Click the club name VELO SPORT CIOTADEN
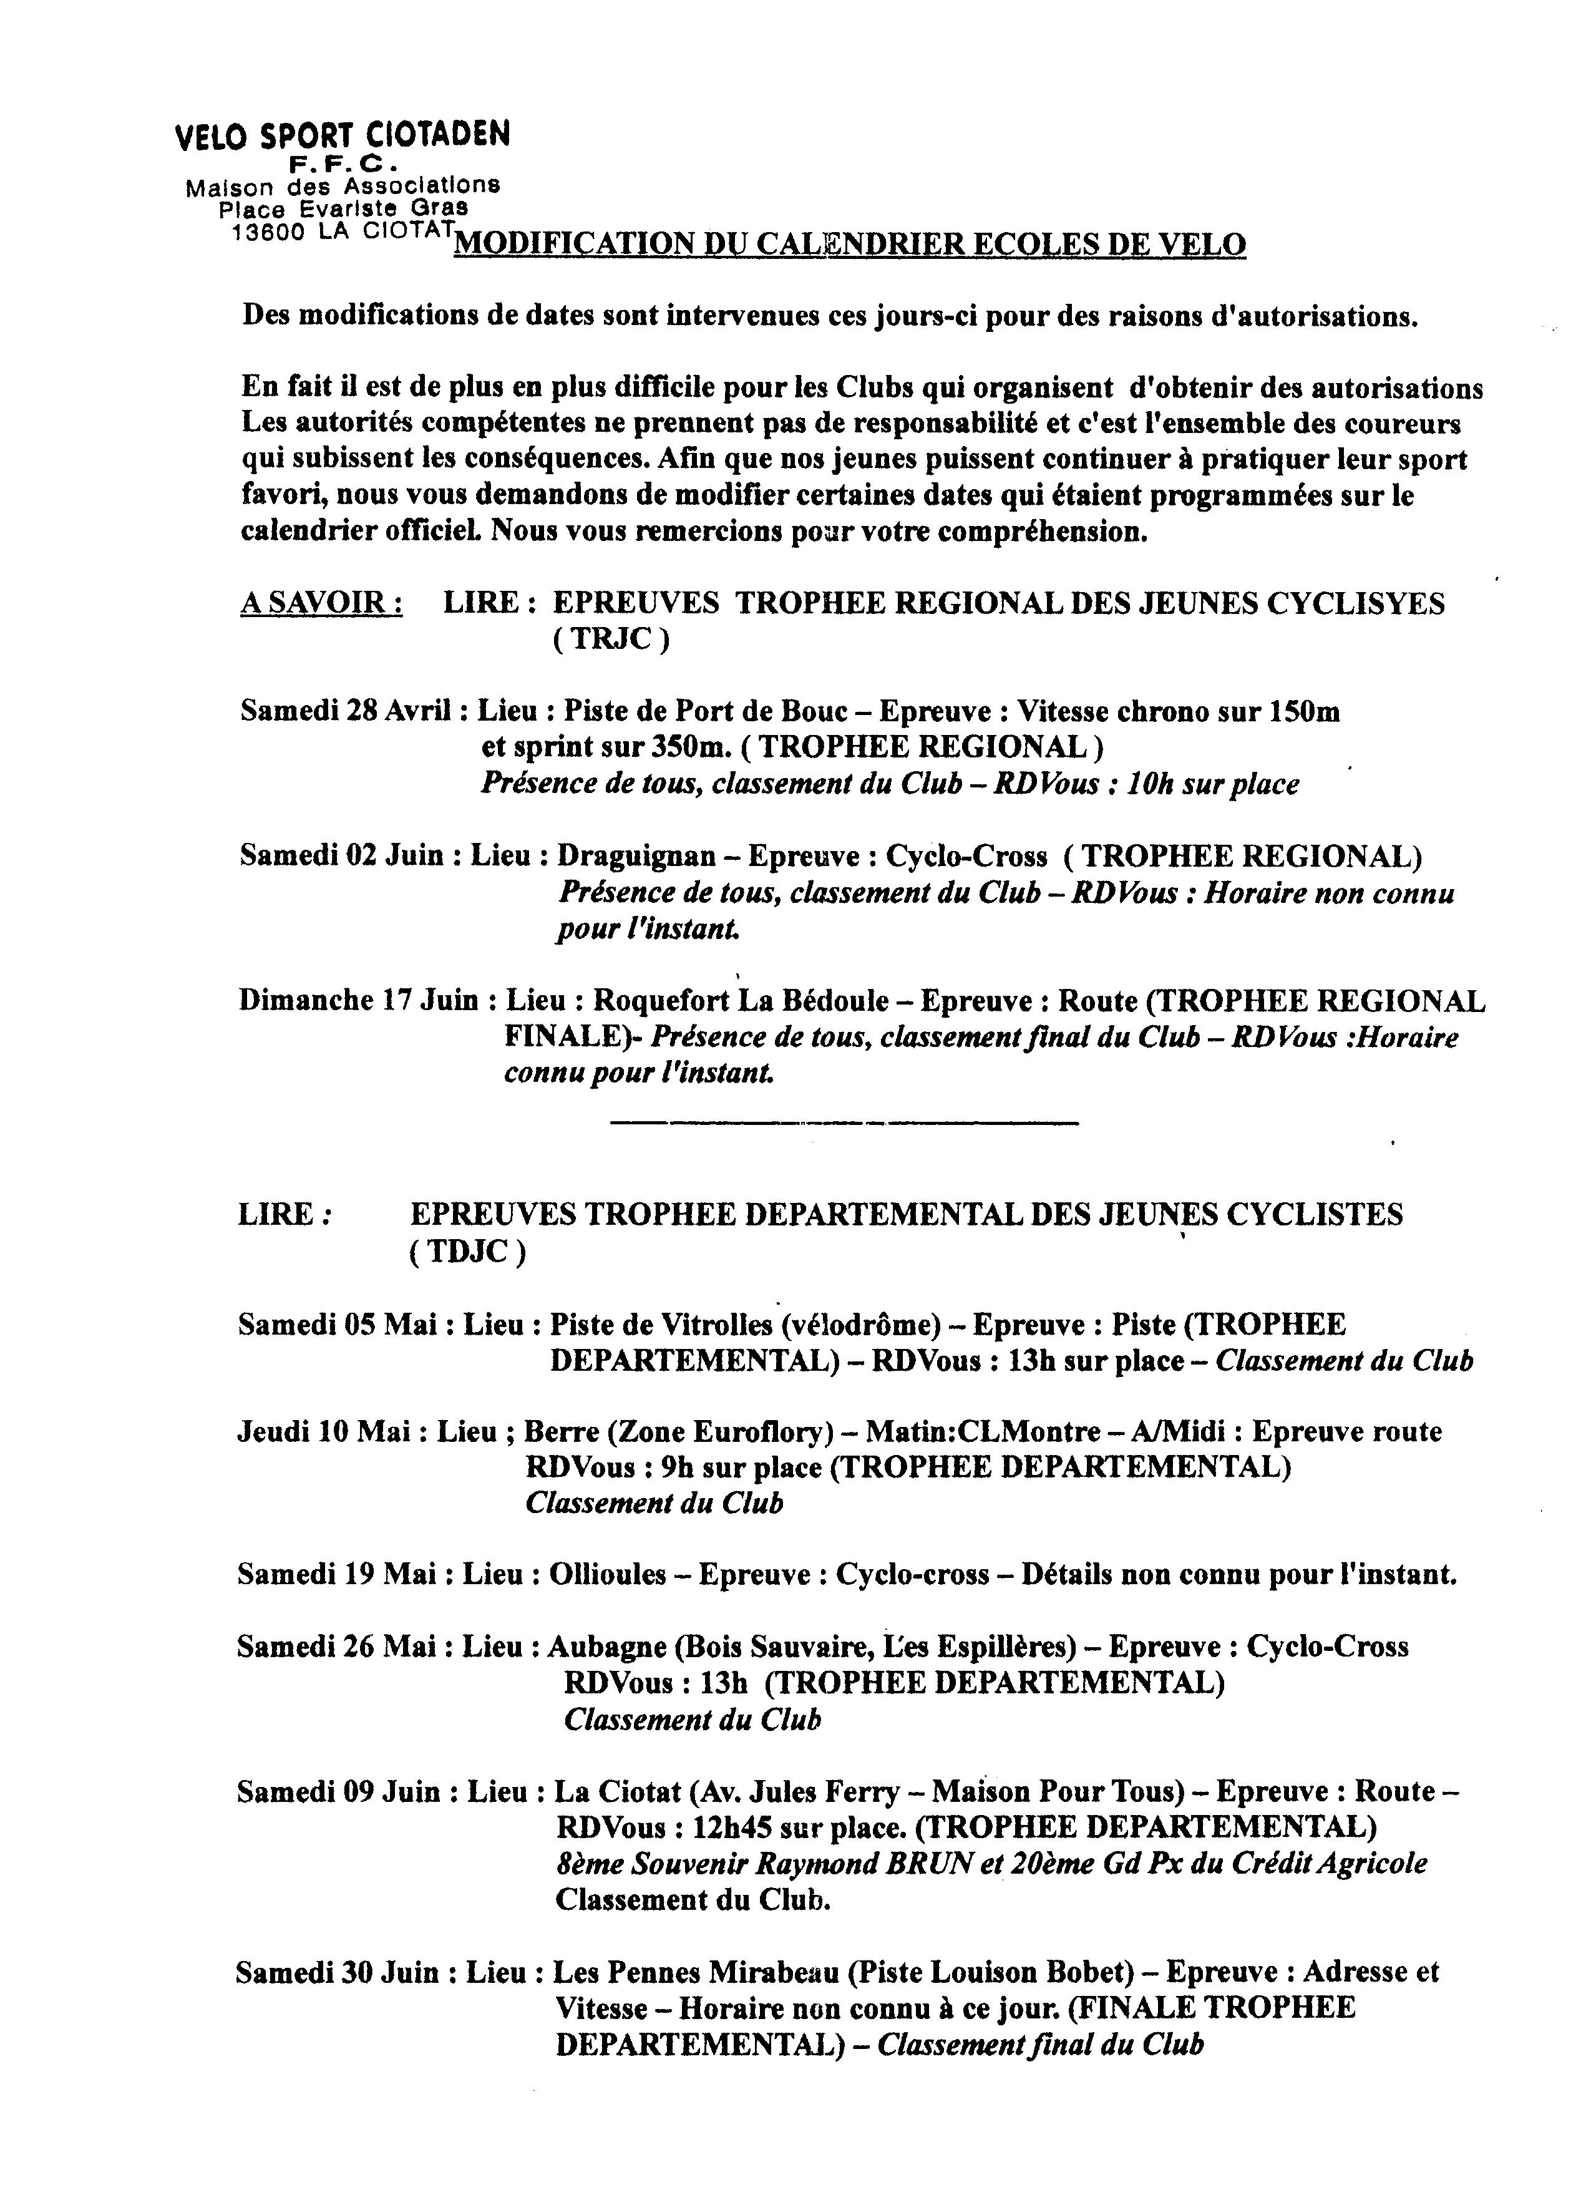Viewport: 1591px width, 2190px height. coord(342,136)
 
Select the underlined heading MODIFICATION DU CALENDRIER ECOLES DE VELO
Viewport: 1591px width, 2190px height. coord(850,245)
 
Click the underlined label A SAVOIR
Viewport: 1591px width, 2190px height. coord(321,603)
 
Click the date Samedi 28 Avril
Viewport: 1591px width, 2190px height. coord(346,712)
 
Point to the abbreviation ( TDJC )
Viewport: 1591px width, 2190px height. coord(468,1252)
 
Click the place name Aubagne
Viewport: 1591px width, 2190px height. coord(605,1647)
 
